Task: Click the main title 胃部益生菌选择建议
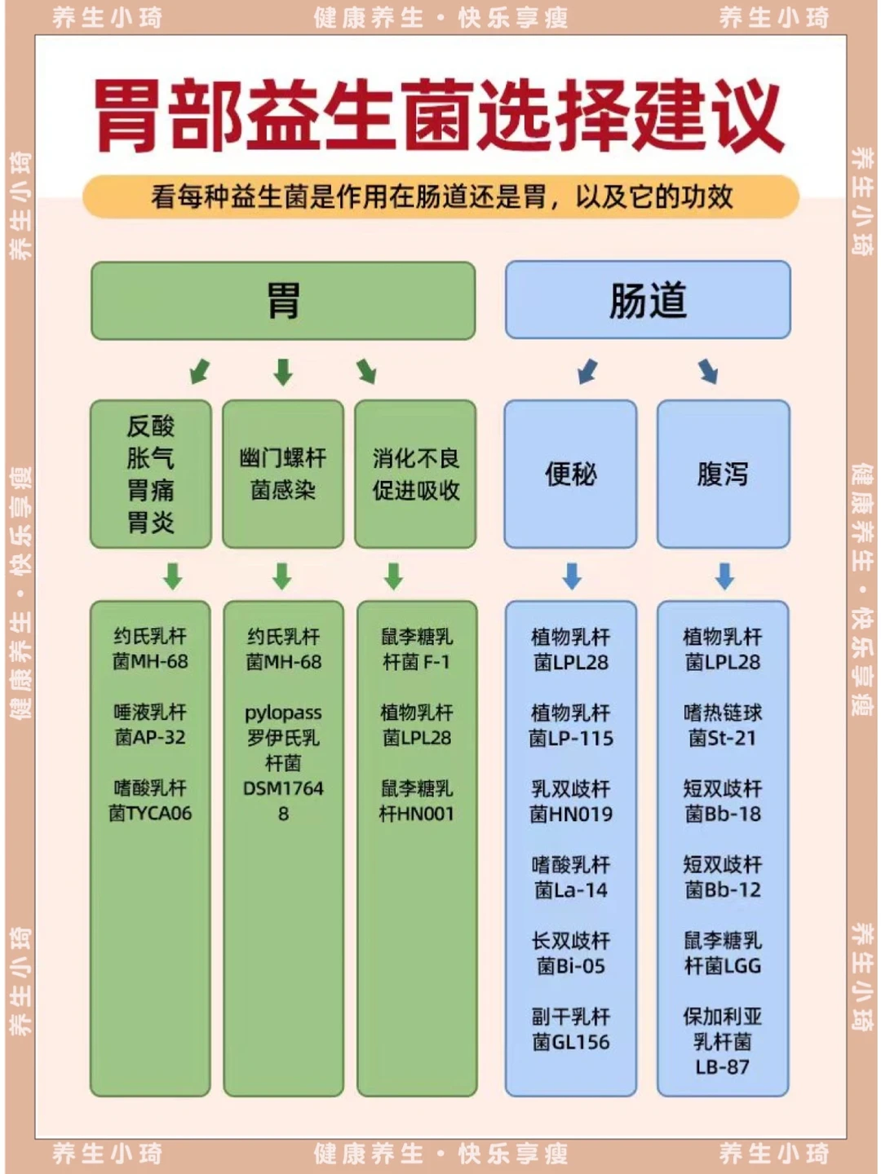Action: tap(439, 115)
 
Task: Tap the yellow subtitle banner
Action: tap(440, 196)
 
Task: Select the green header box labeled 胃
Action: tap(283, 300)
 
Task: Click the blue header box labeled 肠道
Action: tap(648, 299)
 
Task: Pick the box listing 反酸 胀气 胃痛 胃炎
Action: tap(151, 474)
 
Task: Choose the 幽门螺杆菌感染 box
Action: tap(283, 474)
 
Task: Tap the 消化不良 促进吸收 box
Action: tap(416, 474)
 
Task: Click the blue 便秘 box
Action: tap(570, 474)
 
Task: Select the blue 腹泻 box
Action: tap(723, 474)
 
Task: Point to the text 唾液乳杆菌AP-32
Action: tap(150, 725)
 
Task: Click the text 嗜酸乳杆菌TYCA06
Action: tap(150, 801)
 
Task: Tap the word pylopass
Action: tap(283, 713)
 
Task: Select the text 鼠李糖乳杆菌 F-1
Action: tap(416, 649)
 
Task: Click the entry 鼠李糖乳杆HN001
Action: tap(416, 801)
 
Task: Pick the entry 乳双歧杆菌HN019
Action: tap(570, 801)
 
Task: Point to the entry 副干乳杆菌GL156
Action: tap(570, 1029)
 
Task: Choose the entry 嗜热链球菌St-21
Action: tap(723, 725)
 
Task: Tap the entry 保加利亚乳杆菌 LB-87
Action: tap(723, 1041)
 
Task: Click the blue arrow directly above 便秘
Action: tap(587, 371)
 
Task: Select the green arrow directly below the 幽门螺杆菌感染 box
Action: tap(282, 576)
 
